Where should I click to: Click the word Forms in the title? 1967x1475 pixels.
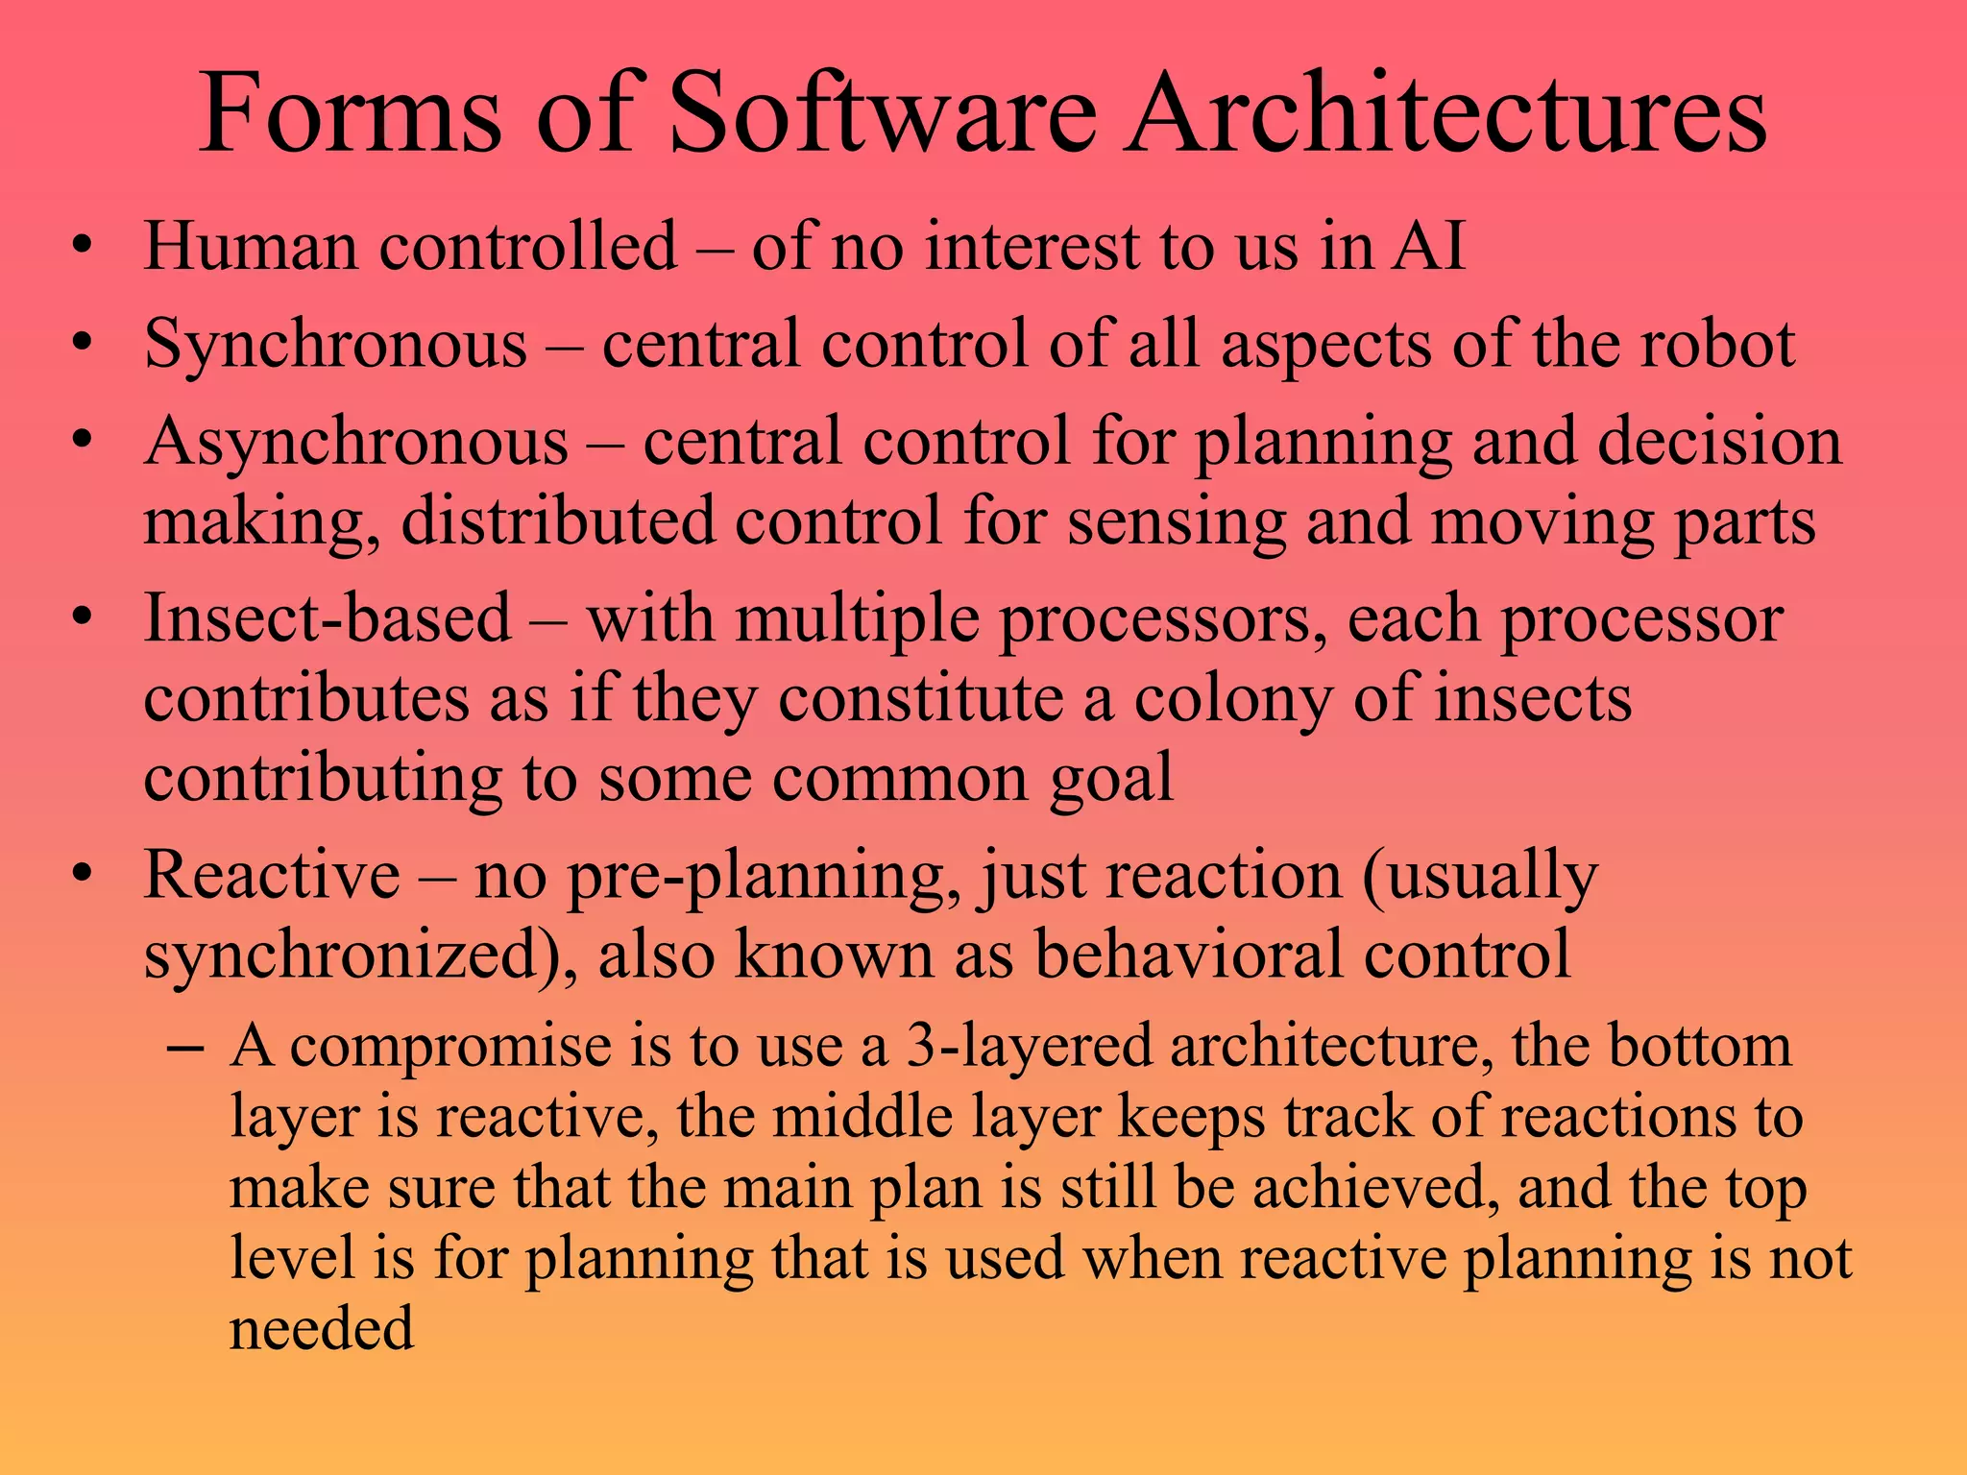350,114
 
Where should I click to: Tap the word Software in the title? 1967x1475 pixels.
881,114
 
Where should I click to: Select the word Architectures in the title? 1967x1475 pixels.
1445,114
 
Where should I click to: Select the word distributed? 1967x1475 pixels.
557,521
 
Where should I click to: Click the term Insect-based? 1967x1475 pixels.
328,618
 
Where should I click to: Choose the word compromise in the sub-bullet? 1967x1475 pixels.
450,1048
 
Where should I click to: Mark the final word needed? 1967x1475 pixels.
322,1329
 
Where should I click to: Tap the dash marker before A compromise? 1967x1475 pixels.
183,1047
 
